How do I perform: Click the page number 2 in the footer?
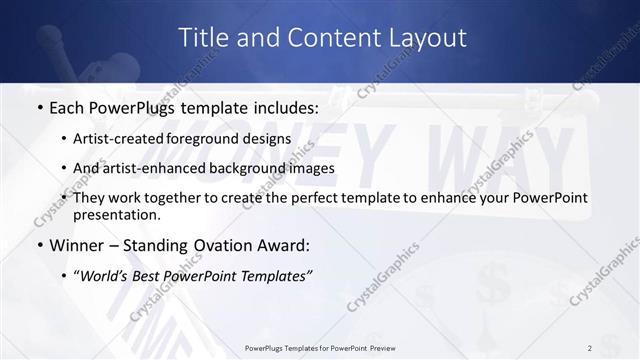click(x=589, y=347)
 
